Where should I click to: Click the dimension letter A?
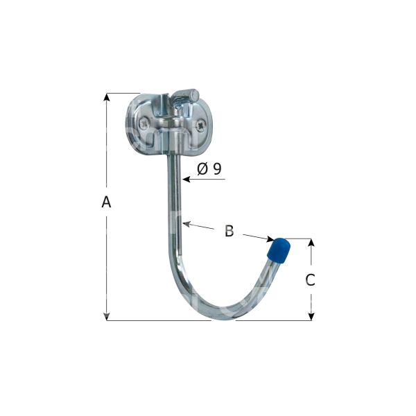point(106,202)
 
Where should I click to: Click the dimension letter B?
point(229,231)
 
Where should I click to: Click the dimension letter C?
point(310,280)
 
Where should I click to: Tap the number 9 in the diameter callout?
point(217,168)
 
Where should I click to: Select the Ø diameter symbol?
point(202,169)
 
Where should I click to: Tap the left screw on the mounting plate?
point(144,123)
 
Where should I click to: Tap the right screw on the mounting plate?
point(201,125)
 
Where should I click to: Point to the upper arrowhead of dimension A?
point(107,97)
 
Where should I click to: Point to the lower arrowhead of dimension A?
point(107,317)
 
